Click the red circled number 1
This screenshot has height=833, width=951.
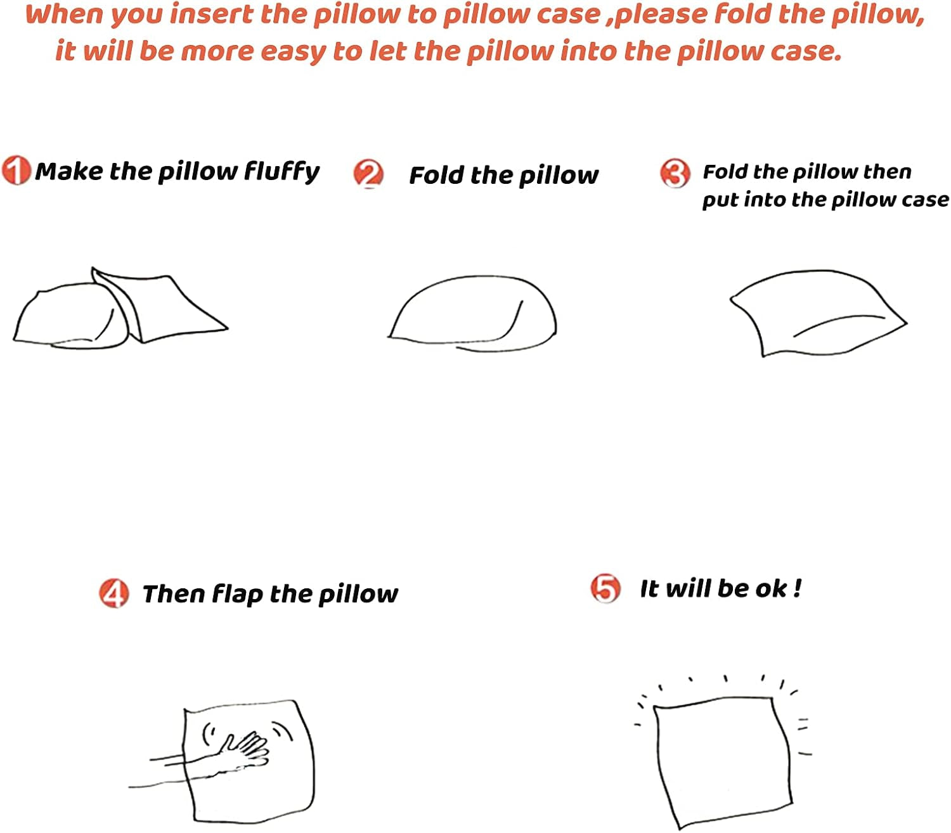[15, 170]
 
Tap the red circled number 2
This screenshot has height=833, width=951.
[368, 174]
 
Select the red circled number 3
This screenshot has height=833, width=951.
[675, 172]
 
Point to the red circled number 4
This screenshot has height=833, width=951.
[114, 593]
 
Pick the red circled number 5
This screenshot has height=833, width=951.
[605, 588]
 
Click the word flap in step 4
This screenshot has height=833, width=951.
[237, 595]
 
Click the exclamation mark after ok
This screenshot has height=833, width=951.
[797, 588]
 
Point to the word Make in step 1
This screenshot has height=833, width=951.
[68, 171]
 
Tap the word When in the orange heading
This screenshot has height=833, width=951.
[64, 14]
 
